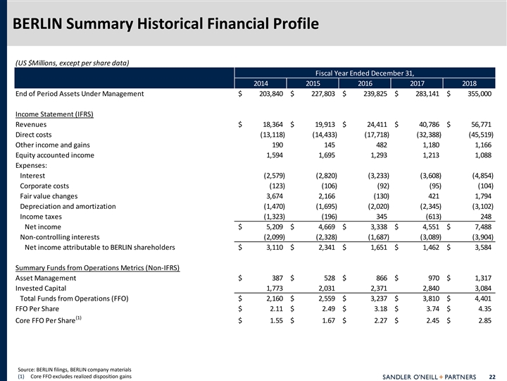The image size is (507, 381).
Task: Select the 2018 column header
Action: pos(469,83)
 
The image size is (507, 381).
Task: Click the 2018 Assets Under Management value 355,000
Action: pos(478,93)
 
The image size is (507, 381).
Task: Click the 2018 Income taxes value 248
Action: pos(484,217)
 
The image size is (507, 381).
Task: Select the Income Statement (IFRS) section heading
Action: pos(55,114)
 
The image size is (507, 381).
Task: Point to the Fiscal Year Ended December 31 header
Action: pos(364,72)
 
